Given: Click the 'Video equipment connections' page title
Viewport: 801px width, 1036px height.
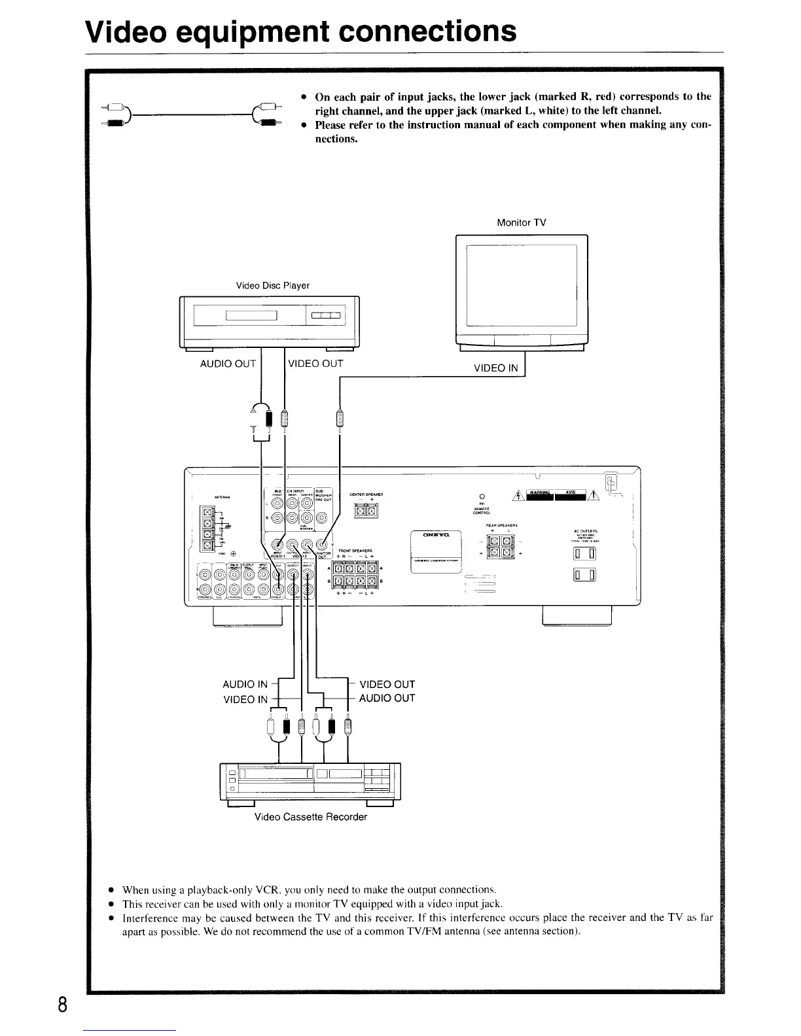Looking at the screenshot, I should [300, 31].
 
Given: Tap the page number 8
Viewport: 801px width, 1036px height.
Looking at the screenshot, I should [63, 1003].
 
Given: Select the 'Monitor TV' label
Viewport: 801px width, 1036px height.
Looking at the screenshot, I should [521, 222].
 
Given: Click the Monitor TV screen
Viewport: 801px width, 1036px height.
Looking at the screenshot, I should [521, 285].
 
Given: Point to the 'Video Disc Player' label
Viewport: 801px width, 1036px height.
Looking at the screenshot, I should [272, 285].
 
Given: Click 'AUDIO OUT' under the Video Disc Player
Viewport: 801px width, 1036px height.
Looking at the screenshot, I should [228, 364].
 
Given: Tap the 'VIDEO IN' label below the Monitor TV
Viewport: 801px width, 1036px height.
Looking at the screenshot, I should [495, 368].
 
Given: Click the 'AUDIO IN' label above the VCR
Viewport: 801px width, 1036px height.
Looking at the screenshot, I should [245, 684].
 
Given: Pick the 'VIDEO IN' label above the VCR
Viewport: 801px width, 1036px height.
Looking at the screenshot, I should [245, 699].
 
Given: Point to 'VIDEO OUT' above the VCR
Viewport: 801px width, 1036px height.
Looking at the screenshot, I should [387, 684].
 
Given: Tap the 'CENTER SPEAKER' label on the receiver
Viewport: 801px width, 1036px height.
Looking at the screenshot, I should [366, 494].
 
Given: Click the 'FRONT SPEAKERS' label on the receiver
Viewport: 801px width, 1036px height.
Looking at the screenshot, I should [355, 551].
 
